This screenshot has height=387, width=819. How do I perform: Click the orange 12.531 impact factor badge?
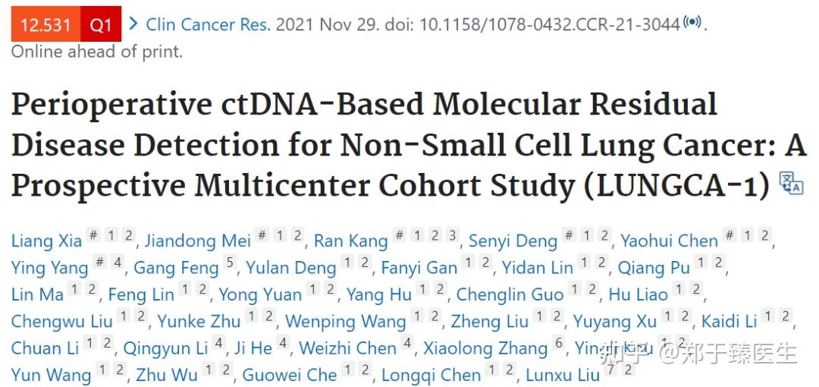pyautogui.click(x=45, y=24)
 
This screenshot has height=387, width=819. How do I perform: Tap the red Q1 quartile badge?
pyautogui.click(x=101, y=24)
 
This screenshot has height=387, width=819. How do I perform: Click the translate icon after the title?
pyautogui.click(x=791, y=184)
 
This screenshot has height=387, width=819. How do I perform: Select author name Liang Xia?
pyautogui.click(x=45, y=241)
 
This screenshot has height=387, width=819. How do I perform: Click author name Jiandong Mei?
pyautogui.click(x=197, y=241)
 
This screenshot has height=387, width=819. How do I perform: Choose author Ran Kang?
pyautogui.click(x=350, y=241)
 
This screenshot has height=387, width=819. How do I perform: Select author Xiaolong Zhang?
pyautogui.click(x=485, y=348)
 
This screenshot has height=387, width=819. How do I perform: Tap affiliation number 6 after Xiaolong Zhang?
pyautogui.click(x=560, y=344)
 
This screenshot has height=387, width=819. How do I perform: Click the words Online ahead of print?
pyautogui.click(x=96, y=52)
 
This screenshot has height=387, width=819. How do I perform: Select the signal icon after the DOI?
pyautogui.click(x=692, y=22)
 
